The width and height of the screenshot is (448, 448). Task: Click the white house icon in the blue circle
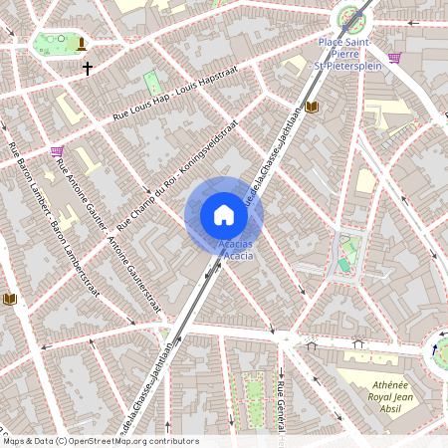224,215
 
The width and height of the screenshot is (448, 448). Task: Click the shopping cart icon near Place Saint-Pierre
394,58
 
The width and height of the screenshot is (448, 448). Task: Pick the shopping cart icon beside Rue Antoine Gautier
57,151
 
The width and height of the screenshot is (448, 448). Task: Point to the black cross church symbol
88,69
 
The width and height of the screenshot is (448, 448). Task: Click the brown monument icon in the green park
80,42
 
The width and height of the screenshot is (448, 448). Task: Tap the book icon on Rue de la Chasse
311,107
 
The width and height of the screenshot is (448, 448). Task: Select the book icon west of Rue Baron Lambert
10,298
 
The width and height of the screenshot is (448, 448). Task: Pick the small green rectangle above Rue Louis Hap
152,82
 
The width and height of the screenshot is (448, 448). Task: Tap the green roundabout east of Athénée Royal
440,349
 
